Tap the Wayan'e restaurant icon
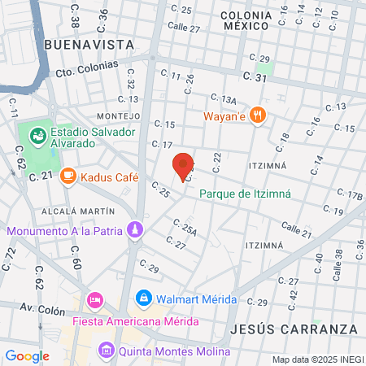(258, 115)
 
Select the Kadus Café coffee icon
(69, 176)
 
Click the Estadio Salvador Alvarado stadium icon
(37, 133)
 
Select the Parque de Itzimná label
(245, 194)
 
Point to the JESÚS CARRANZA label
(294, 329)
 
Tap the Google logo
(27, 355)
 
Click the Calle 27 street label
(183, 27)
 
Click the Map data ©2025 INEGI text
(316, 359)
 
